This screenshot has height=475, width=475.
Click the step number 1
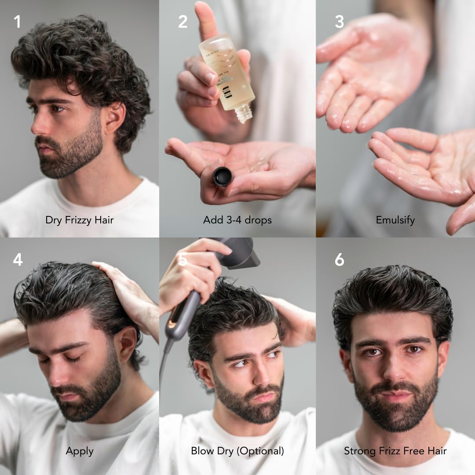tap(17, 22)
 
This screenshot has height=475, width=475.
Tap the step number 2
tap(183, 22)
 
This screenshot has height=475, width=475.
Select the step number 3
tap(339, 22)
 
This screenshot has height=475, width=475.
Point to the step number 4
tap(18, 260)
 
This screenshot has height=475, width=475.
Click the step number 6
tap(339, 260)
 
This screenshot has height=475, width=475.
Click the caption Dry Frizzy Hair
tap(79, 219)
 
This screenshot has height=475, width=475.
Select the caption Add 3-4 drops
tap(237, 219)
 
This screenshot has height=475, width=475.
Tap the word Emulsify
tap(395, 219)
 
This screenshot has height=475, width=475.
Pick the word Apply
tap(80, 451)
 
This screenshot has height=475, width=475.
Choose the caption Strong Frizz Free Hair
tap(395, 451)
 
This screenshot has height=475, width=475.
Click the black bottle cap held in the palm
tap(222, 176)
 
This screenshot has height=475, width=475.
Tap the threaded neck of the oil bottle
tap(244, 114)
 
